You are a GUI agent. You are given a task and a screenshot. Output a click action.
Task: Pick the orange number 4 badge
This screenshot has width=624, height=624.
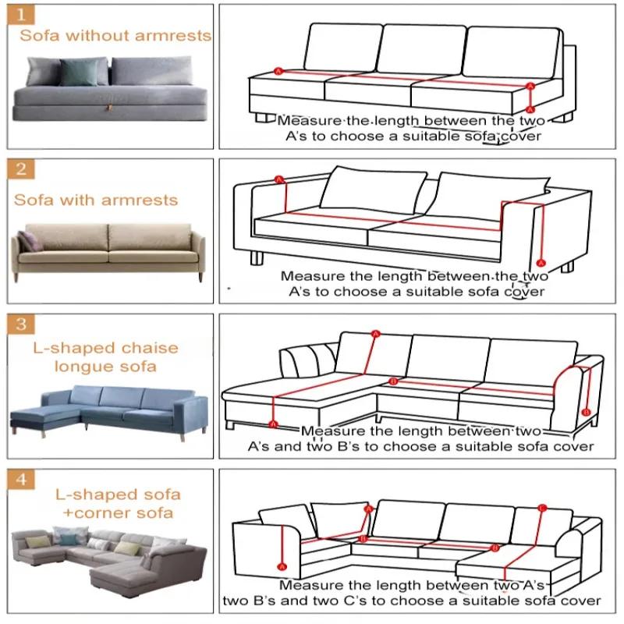click(x=23, y=479)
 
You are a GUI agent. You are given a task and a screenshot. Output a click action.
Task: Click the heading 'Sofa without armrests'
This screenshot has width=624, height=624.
click(x=115, y=35)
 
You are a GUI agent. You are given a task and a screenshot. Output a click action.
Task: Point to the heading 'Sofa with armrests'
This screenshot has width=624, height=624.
click(x=96, y=200)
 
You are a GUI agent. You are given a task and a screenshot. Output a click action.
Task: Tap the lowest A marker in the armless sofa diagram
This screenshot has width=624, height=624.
click(x=530, y=110)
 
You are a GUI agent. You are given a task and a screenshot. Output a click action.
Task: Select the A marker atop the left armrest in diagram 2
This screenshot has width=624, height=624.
click(x=278, y=180)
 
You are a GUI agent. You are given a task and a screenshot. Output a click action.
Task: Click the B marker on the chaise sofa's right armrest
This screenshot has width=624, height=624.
click(x=587, y=411)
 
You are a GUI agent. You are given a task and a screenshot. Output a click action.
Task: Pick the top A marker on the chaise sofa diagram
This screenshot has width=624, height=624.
click(x=375, y=334)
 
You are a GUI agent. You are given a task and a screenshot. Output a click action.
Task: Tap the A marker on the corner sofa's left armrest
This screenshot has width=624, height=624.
click(x=282, y=565)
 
